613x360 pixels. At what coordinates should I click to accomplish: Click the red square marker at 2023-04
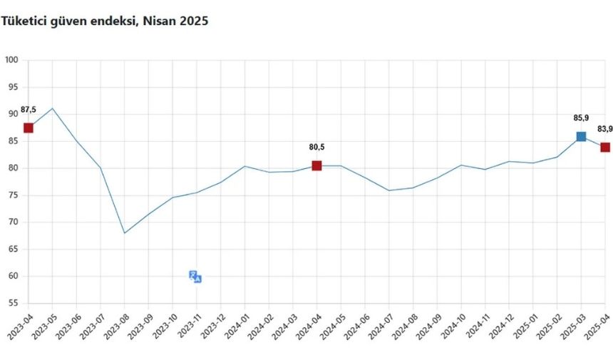tap(29, 128)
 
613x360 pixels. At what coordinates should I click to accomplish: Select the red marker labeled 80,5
tap(316, 165)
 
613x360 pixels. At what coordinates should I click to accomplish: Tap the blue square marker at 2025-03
tap(581, 136)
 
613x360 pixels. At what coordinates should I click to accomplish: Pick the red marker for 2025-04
tap(605, 147)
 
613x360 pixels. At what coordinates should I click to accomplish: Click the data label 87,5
tap(29, 110)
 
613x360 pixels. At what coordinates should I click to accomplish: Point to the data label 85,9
tap(581, 118)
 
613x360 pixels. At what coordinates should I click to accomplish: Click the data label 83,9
tap(604, 129)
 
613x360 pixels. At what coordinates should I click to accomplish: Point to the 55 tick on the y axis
tap(14, 303)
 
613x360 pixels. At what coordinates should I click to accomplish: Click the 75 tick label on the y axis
tap(14, 195)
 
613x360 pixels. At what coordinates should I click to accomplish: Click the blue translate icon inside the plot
tap(195, 277)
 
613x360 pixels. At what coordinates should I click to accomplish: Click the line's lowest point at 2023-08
tap(125, 233)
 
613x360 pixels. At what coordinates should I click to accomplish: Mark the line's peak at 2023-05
tap(52, 108)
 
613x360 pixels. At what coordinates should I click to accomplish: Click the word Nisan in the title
tap(160, 21)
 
